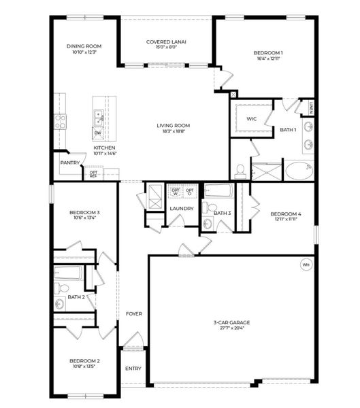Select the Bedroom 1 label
pos(268,52)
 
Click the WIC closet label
pos(251,119)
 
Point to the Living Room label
pos(174,125)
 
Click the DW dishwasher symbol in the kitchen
pos(99,133)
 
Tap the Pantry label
pos(69,163)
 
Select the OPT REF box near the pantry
pos(93,174)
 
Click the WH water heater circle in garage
pos(306,265)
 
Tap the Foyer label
pos(134,313)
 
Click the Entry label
pos(133,369)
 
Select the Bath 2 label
pos(76,297)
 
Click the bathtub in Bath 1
pos(297,170)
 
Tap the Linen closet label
pos(310,109)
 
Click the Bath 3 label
pos(223,213)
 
